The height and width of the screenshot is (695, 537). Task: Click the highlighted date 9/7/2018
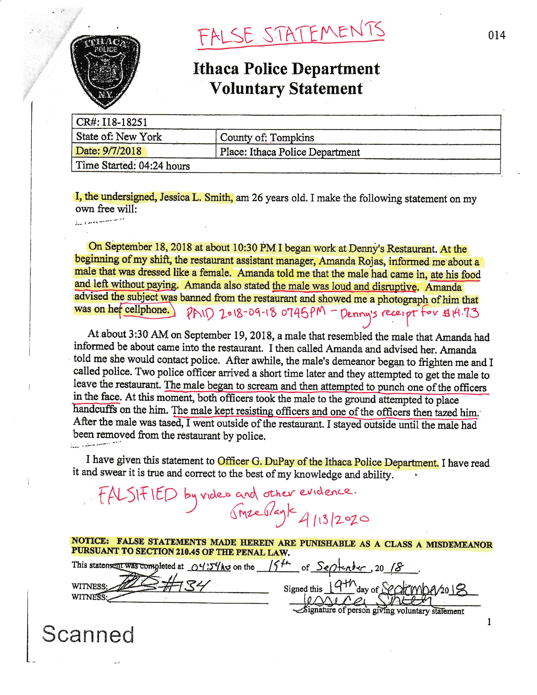click(122, 151)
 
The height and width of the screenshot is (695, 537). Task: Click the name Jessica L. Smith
click(195, 198)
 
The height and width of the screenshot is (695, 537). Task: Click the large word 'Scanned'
click(88, 634)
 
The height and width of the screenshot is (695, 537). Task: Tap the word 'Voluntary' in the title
click(247, 88)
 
